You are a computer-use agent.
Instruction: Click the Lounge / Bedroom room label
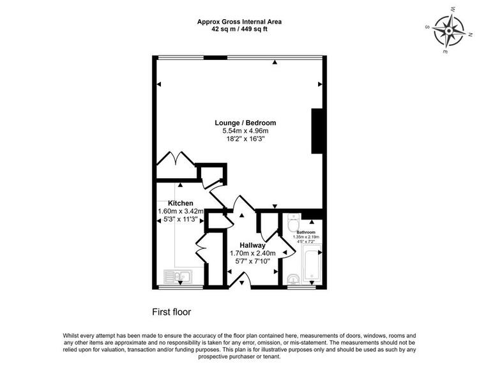(245, 123)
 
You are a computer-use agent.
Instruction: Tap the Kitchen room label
(181, 203)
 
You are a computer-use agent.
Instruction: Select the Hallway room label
(252, 245)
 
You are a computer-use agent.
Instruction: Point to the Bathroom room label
(306, 232)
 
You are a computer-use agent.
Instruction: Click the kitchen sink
(178, 277)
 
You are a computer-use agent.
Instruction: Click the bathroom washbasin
(294, 279)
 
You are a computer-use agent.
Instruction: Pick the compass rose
(448, 31)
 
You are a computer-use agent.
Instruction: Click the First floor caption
(172, 312)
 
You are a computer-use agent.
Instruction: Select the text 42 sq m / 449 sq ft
(240, 29)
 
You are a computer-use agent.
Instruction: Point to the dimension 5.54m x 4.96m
(245, 131)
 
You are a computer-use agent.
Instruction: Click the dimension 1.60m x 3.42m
(181, 211)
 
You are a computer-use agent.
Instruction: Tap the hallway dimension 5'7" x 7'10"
(253, 261)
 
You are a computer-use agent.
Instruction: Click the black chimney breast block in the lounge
(317, 131)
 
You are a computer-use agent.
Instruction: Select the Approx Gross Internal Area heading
(240, 22)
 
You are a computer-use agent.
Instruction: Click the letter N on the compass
(471, 34)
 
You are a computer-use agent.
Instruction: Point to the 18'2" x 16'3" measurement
(245, 139)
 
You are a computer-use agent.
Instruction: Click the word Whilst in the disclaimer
(71, 335)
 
